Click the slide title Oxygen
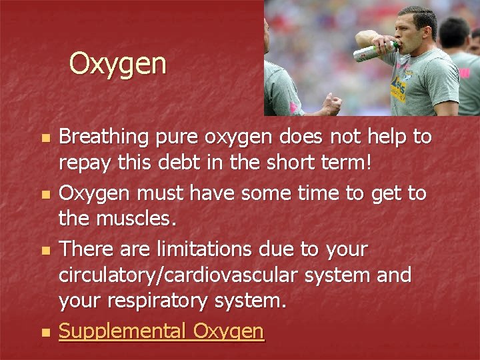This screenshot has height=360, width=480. pyautogui.click(x=117, y=65)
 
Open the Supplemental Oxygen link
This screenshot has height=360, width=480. pyautogui.click(x=161, y=330)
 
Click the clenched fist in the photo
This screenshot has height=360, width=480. pyautogui.click(x=331, y=103)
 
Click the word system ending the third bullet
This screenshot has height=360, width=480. pyautogui.click(x=254, y=302)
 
